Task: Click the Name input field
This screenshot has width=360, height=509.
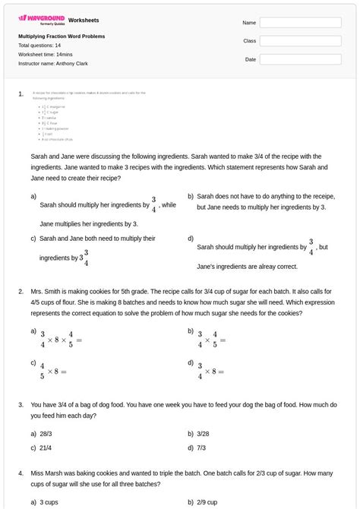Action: coord(300,23)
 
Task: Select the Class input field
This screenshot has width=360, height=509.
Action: coord(300,41)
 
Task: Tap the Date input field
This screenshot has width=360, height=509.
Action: coord(300,59)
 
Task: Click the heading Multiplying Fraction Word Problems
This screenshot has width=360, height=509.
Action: coord(62,36)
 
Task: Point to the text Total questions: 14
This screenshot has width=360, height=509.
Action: coord(39,46)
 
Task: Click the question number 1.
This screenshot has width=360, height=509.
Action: coord(21,94)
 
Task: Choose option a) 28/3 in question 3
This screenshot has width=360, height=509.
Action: coord(46,433)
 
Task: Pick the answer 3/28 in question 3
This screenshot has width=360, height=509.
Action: coord(203,433)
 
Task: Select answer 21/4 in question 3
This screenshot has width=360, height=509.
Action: coord(46,448)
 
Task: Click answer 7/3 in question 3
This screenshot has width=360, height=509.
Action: coord(201,448)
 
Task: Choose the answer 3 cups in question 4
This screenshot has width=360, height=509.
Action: coord(49,502)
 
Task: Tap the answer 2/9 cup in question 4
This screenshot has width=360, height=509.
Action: coord(207,502)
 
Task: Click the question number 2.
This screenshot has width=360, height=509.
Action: coord(21,291)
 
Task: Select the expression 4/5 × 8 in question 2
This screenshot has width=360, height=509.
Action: coord(53,371)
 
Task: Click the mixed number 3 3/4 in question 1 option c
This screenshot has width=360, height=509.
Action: coord(84,258)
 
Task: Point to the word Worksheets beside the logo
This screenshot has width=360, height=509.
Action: coord(84,20)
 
